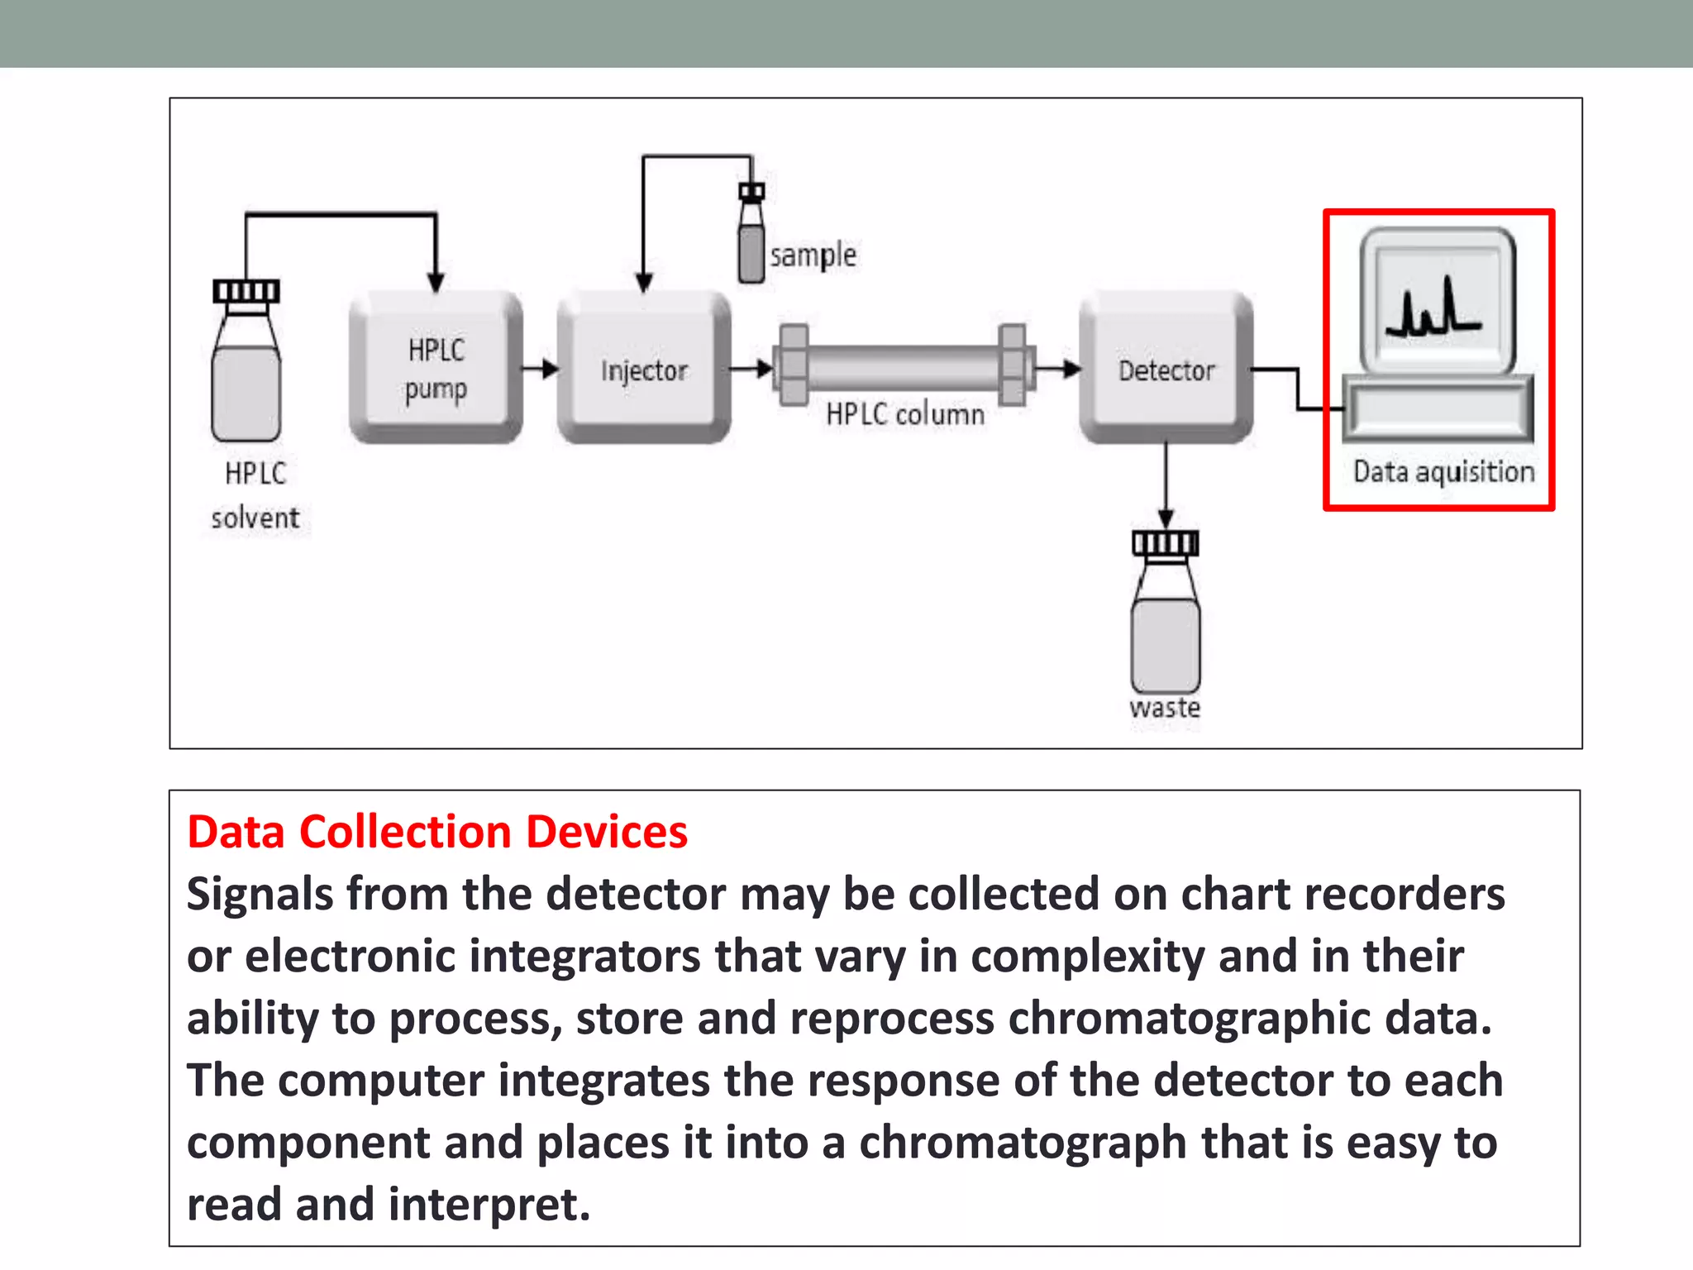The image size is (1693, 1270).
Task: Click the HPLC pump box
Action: [x=436, y=367]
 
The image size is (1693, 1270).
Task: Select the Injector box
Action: [x=643, y=367]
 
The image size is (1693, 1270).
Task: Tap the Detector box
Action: [x=1166, y=367]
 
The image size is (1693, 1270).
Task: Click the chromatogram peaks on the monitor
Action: [x=1433, y=309]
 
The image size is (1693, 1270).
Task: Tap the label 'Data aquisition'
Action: [x=1443, y=472]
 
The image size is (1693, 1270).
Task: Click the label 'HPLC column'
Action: [x=905, y=414]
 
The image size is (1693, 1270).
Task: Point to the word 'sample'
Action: [x=813, y=255]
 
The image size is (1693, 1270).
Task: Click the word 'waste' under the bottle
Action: [x=1165, y=709]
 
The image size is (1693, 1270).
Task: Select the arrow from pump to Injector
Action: [x=541, y=369]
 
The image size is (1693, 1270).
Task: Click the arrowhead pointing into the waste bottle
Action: [x=1166, y=519]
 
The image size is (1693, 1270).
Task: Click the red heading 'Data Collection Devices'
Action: [x=437, y=832]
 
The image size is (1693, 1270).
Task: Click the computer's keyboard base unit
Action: [x=1438, y=408]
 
